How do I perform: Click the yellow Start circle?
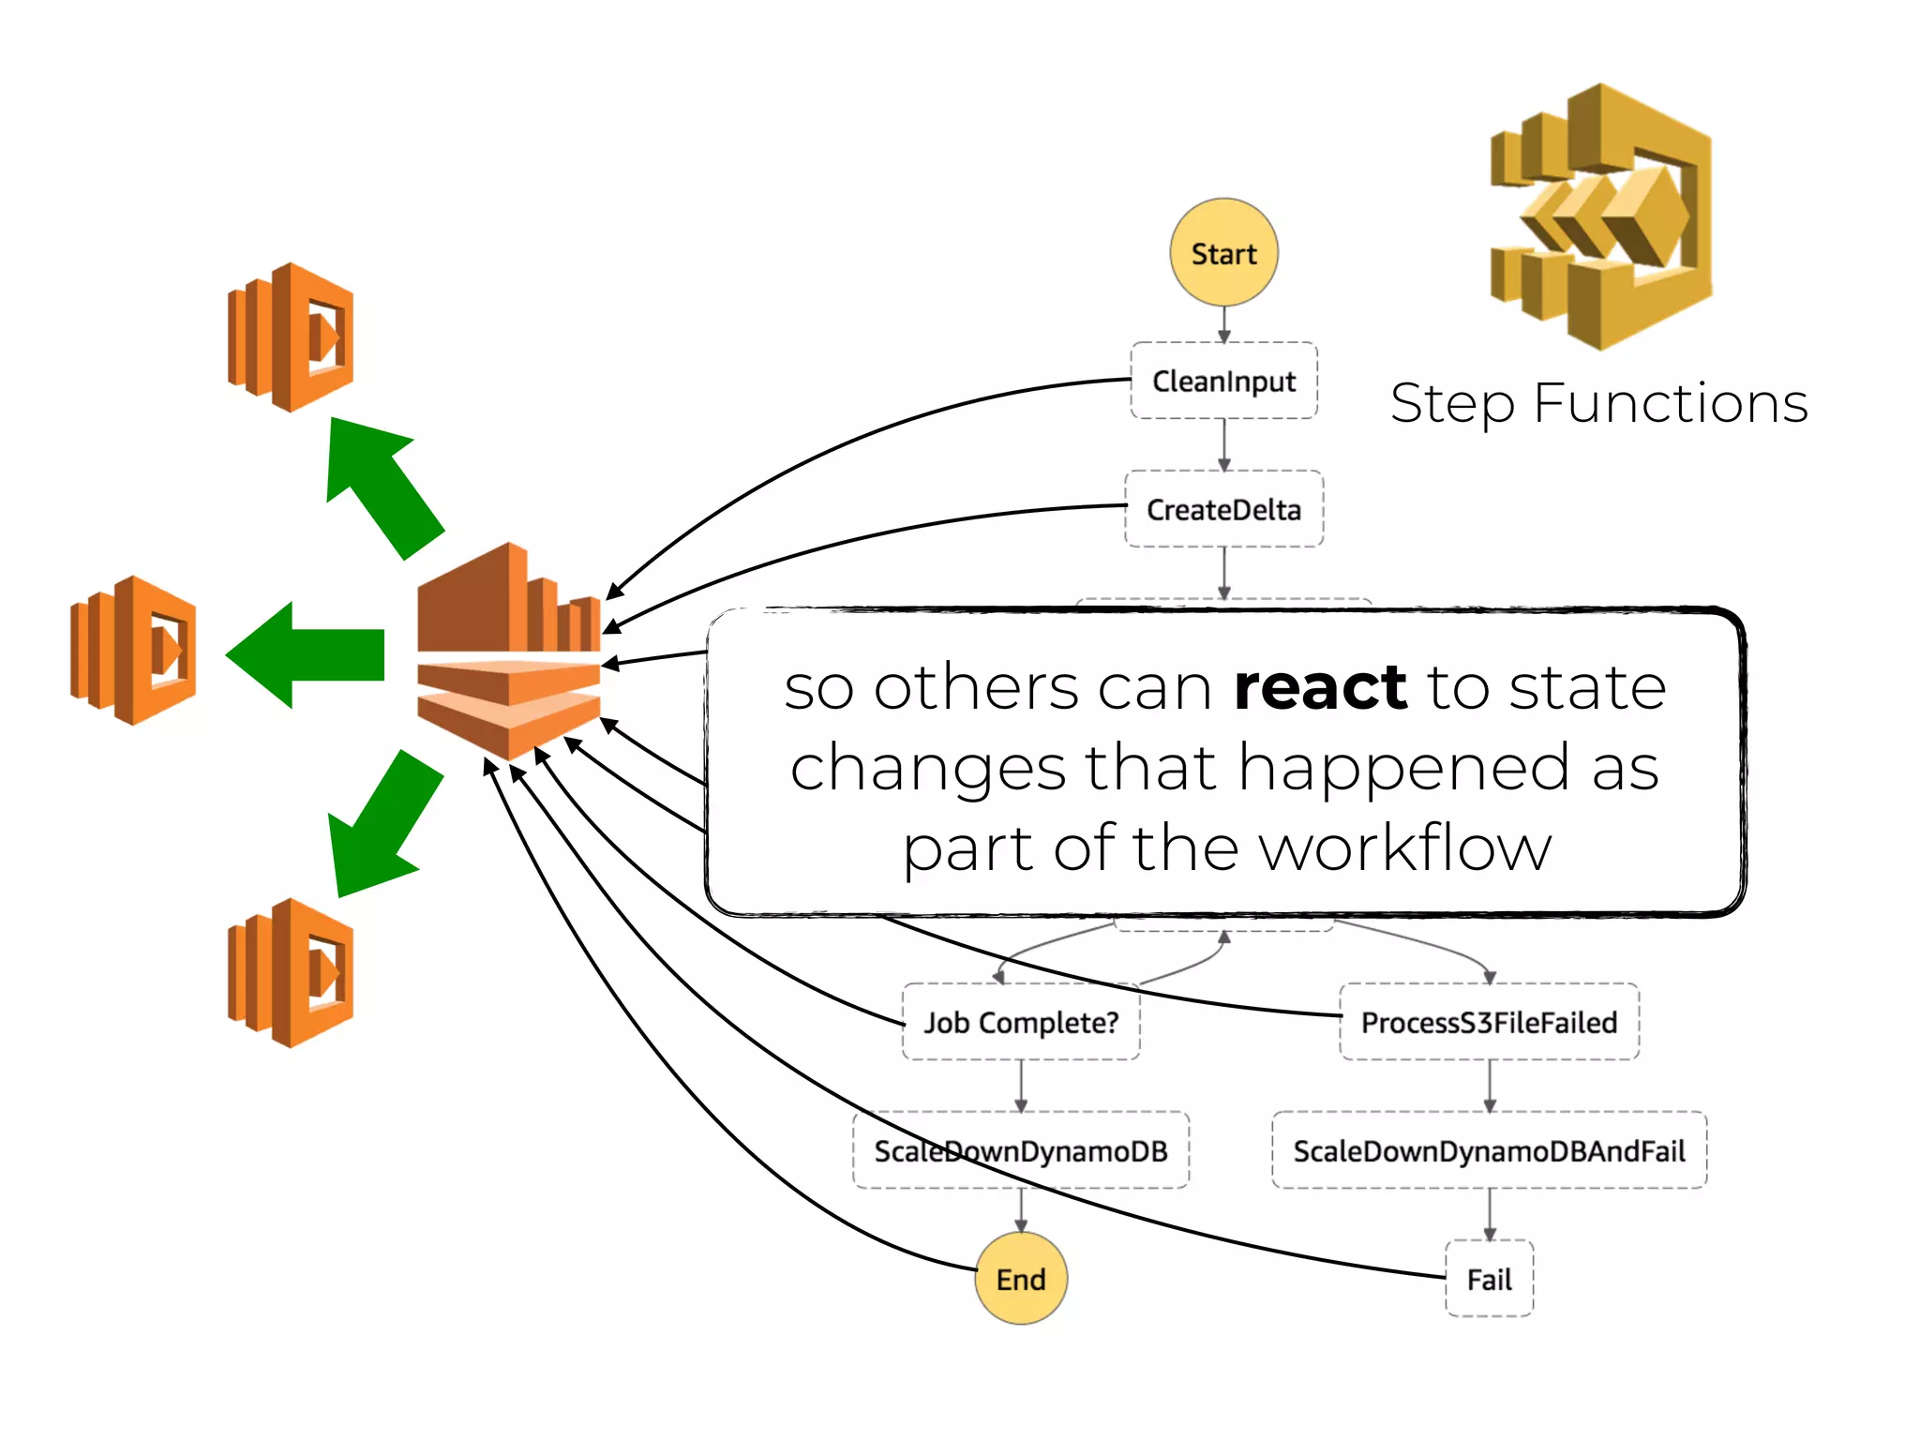[x=1223, y=252]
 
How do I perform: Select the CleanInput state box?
[x=1223, y=381]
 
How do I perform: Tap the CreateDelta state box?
[x=1223, y=509]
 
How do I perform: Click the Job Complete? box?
[x=1021, y=1022]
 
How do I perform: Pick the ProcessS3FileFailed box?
[x=1489, y=1022]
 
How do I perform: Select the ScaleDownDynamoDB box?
[x=1021, y=1150]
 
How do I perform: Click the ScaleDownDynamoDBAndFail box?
[x=1489, y=1150]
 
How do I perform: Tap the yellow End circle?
[x=1021, y=1279]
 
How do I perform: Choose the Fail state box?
[x=1489, y=1279]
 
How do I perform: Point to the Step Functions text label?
[x=1598, y=404]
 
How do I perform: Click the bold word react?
[x=1320, y=687]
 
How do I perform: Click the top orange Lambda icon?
[x=292, y=337]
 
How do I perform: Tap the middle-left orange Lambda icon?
[x=134, y=651]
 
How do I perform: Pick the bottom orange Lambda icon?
[x=292, y=973]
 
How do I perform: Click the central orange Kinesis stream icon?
[x=509, y=652]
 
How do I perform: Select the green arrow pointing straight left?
[x=309, y=654]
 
